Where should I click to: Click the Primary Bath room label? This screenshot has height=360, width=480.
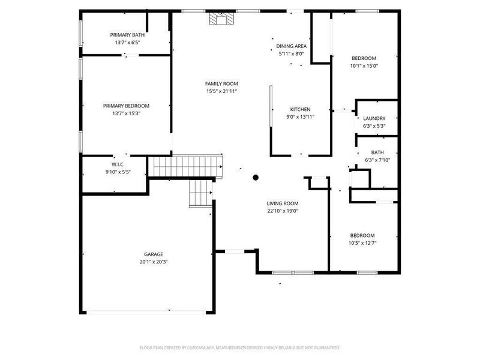pos(127,35)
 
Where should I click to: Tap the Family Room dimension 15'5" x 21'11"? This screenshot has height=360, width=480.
pos(221,91)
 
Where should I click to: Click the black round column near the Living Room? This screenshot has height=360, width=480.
pos(255,177)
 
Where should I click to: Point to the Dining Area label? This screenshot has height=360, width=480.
pos(292,46)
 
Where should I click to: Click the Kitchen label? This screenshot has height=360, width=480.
pos(300,109)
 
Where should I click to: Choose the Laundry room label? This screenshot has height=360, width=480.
pos(374,119)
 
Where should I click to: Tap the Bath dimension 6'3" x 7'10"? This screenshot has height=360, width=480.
pos(377,160)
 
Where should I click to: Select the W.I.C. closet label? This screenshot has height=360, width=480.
pos(118,164)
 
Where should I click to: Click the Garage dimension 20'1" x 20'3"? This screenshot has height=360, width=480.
pos(153,262)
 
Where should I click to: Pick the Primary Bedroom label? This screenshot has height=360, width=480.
pos(126,106)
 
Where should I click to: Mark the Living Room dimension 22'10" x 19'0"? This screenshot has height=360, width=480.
pos(283,211)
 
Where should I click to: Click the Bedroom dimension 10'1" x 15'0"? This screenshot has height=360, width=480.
pos(364,66)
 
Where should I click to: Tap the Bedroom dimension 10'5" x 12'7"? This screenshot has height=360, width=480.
pos(362,243)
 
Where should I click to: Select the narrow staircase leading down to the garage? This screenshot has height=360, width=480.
pos(200,193)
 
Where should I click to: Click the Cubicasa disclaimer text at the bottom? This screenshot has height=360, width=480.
pos(240,347)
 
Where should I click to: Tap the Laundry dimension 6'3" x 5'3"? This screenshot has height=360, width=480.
pos(374,127)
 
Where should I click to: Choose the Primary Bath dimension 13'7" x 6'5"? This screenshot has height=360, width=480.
pos(127,43)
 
